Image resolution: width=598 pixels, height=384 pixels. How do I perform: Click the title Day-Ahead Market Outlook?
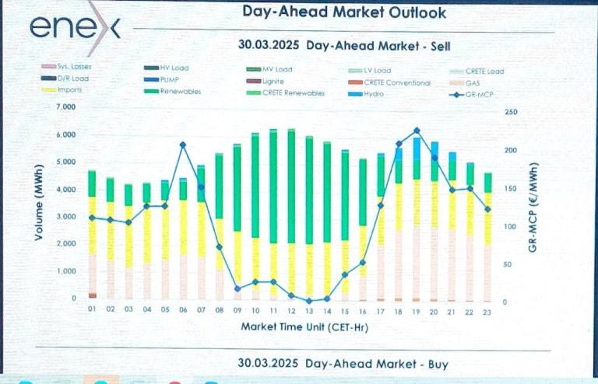pos(344,12)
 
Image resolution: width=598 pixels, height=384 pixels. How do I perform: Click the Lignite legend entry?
pos(273,82)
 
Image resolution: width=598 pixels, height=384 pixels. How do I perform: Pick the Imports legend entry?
pos(69,90)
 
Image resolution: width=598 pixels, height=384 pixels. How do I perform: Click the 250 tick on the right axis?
pos(512,112)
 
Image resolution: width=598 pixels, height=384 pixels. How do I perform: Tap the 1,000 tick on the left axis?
pos(65,271)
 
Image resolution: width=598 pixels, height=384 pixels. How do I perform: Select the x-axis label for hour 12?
pos(290,309)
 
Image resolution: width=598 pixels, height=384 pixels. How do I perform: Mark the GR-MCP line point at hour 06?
pos(182,145)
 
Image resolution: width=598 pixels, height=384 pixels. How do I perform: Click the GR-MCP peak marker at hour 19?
pos(417,131)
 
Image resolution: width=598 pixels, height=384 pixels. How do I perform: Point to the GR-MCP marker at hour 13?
pos(309,301)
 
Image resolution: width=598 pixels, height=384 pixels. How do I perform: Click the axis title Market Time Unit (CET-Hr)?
pos(304,326)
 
